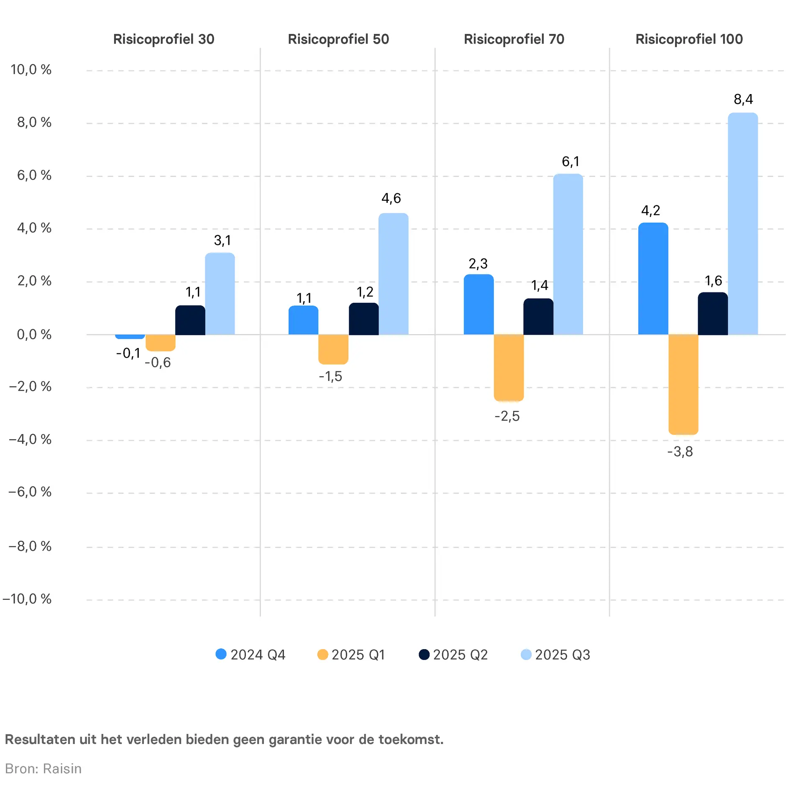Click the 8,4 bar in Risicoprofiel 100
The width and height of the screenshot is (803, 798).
(743, 224)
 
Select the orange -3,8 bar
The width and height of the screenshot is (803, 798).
(683, 384)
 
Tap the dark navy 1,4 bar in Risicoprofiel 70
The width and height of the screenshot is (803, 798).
(538, 317)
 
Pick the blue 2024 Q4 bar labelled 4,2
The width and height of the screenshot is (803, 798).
(653, 279)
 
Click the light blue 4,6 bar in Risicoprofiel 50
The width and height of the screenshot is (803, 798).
(393, 274)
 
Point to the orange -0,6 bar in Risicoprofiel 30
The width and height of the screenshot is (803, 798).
(160, 343)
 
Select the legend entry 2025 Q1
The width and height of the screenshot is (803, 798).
(352, 655)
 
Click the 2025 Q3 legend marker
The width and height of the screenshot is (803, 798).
(526, 654)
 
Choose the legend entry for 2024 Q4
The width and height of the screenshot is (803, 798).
(251, 655)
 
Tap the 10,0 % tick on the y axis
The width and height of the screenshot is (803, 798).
(31, 69)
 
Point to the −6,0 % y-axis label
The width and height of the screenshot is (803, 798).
(30, 492)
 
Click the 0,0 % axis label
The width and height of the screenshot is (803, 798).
(34, 335)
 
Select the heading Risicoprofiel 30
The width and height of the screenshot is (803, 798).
(164, 39)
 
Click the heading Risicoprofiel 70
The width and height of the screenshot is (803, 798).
(514, 39)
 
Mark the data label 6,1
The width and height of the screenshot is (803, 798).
(570, 161)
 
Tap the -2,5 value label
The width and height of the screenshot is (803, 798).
(507, 416)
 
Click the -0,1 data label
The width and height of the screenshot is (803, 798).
(128, 353)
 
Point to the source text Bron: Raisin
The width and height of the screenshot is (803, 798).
(43, 769)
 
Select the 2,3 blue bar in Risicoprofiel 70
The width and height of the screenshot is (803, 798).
(478, 304)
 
